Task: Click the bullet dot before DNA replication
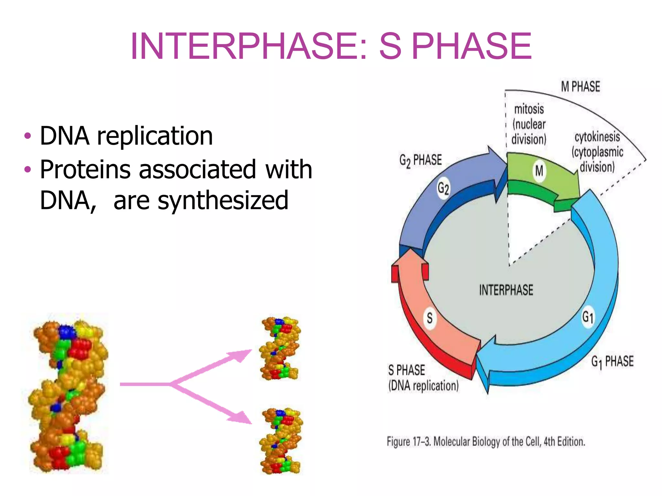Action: click(28, 136)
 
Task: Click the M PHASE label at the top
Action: click(580, 87)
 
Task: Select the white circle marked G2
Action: click(443, 188)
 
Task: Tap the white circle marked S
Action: click(430, 318)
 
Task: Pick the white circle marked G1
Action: click(588, 317)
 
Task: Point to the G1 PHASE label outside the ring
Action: click(612, 362)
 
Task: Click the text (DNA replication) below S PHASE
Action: click(423, 386)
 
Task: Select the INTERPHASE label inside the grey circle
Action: click(506, 290)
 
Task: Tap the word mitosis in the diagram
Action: click(529, 109)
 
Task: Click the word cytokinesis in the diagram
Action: click(597, 137)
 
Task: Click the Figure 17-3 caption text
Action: click(486, 441)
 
